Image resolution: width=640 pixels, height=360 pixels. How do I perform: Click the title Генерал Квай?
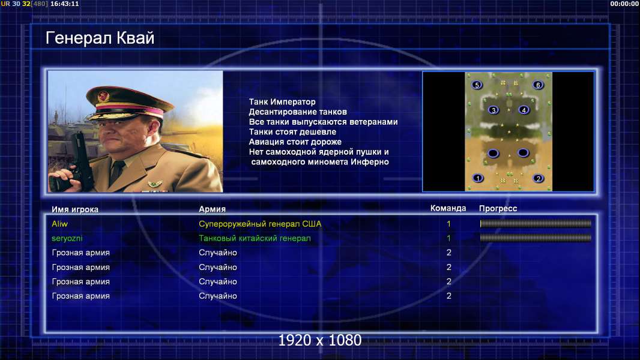pyautogui.click(x=100, y=38)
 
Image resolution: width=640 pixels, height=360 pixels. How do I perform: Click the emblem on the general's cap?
pyautogui.click(x=103, y=97)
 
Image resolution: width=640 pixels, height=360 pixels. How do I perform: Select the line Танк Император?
pyautogui.click(x=282, y=102)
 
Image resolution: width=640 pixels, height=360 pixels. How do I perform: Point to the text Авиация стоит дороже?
pyautogui.click(x=295, y=142)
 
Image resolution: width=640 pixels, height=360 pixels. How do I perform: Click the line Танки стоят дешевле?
pyautogui.click(x=292, y=131)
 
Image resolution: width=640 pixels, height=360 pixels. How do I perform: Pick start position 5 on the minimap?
pyautogui.click(x=477, y=85)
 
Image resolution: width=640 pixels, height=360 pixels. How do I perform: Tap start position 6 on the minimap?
pyautogui.click(x=538, y=85)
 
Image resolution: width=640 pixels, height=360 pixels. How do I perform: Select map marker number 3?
pyautogui.click(x=494, y=110)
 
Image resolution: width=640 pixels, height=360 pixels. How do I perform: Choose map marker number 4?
pyautogui.click(x=524, y=110)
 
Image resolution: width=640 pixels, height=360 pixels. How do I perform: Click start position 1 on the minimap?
pyautogui.click(x=477, y=178)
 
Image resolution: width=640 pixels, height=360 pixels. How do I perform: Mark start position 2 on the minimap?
pyautogui.click(x=539, y=178)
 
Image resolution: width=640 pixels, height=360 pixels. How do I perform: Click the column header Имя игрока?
pyautogui.click(x=74, y=209)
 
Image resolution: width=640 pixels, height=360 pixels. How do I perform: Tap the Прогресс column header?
pyautogui.click(x=498, y=208)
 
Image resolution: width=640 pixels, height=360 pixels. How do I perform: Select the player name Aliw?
pyautogui.click(x=59, y=224)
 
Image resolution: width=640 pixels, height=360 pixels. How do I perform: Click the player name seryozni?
pyautogui.click(x=67, y=238)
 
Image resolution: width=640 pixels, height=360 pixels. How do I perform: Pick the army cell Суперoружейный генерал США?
pyautogui.click(x=260, y=224)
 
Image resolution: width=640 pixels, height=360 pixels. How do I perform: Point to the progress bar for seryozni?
pyautogui.click(x=536, y=238)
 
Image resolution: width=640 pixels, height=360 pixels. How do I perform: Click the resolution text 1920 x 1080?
pyautogui.click(x=319, y=340)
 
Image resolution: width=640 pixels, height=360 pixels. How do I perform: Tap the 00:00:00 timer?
pyautogui.click(x=624, y=4)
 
